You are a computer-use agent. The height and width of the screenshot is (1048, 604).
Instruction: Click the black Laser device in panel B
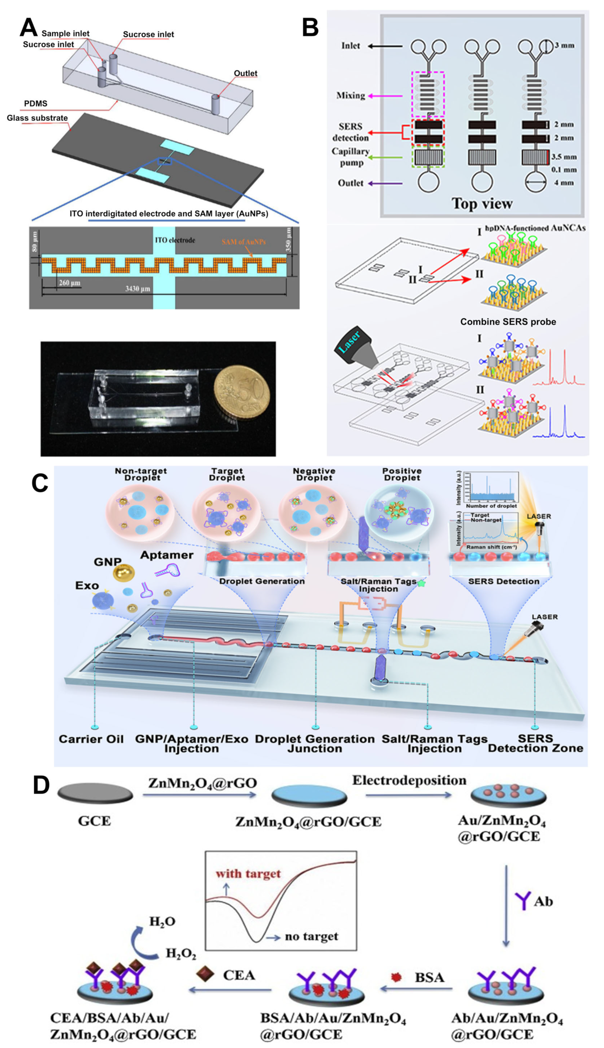353,346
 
